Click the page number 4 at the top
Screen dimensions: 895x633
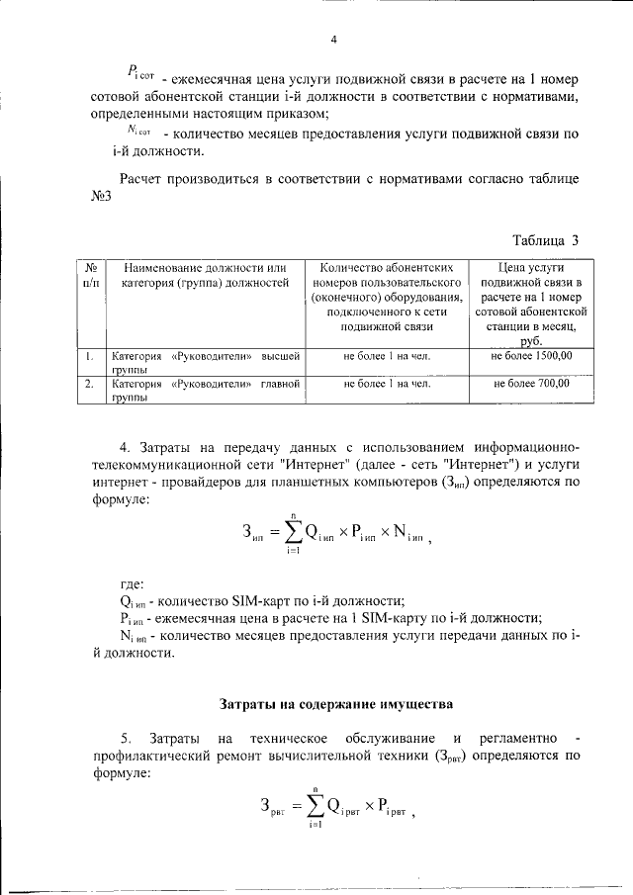coord(333,40)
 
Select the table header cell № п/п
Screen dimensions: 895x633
coord(89,275)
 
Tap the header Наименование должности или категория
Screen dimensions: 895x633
coord(204,275)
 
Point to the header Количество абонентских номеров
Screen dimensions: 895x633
coord(387,295)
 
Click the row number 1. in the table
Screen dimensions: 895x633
coord(89,354)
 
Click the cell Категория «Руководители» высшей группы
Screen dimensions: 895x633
coord(204,361)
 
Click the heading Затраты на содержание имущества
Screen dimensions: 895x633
coord(335,705)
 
